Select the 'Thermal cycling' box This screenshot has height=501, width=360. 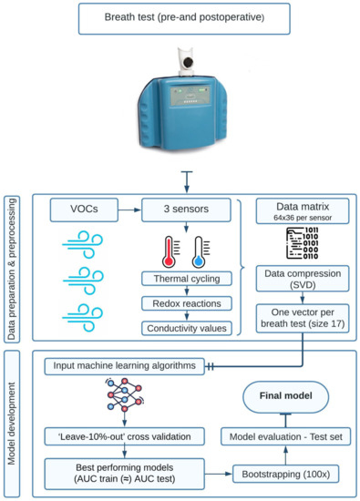tap(186, 279)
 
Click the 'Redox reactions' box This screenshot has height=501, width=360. tap(186, 304)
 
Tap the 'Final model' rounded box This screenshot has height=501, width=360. tap(282, 397)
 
